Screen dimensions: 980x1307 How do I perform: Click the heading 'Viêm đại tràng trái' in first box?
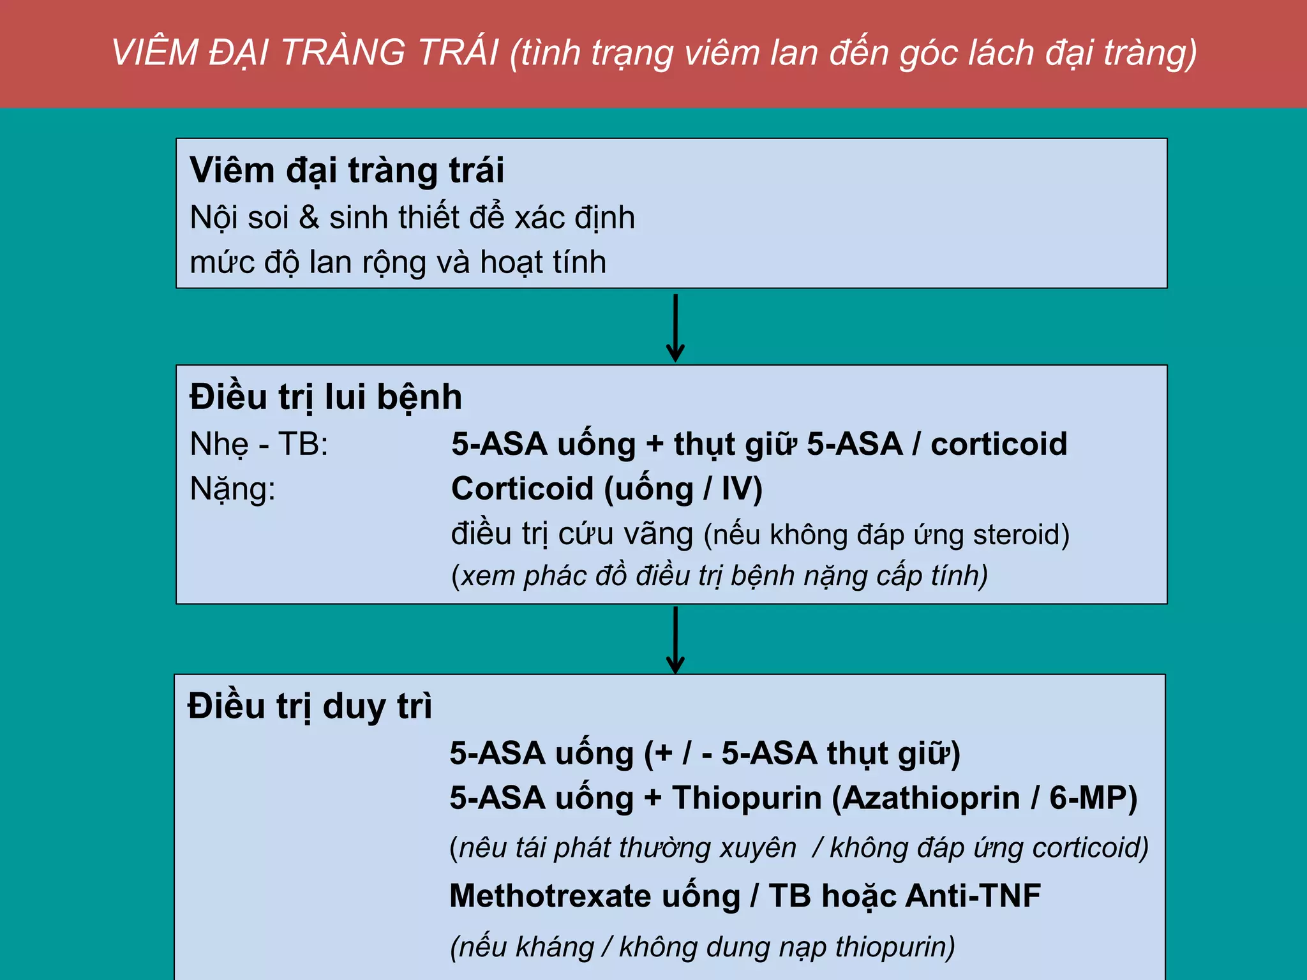pyautogui.click(x=347, y=171)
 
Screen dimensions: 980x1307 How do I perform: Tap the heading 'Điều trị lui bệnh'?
pyautogui.click(x=325, y=397)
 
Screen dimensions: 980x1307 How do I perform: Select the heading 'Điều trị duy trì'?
pyautogui.click(x=310, y=707)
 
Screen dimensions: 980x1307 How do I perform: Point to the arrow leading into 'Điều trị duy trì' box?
pyautogui.click(x=675, y=639)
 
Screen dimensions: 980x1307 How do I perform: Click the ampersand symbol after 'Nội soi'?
pyautogui.click(x=309, y=218)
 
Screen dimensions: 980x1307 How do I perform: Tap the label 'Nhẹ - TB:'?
pyautogui.click(x=258, y=444)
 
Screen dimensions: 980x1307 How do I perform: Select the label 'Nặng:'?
pyautogui.click(x=232, y=489)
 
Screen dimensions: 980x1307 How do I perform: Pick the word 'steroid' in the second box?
pyautogui.click(x=1015, y=535)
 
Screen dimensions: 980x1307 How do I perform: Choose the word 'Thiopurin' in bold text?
pyautogui.click(x=747, y=798)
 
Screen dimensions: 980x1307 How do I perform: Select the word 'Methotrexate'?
pyautogui.click(x=550, y=896)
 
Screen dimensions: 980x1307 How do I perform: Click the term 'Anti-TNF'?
pyautogui.click(x=973, y=896)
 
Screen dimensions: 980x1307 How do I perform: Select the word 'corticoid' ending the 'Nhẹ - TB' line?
pyautogui.click(x=999, y=444)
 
